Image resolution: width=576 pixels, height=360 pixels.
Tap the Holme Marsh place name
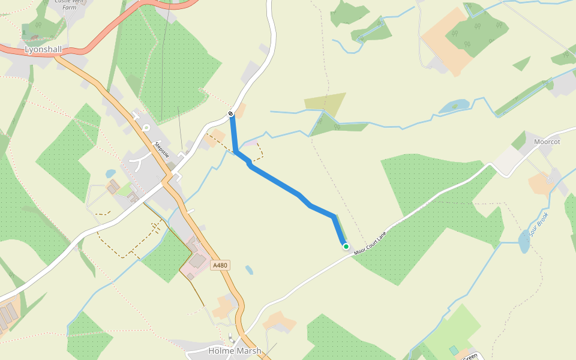pyautogui.click(x=235, y=350)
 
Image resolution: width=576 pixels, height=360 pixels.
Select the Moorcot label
pyautogui.click(x=547, y=142)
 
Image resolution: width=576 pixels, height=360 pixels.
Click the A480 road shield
pyautogui.click(x=221, y=265)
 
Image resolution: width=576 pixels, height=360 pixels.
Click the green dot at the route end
pyautogui.click(x=346, y=246)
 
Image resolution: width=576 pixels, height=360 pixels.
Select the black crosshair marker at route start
pyautogui.click(x=231, y=114)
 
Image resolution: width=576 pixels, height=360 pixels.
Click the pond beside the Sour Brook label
pyautogui.click(x=524, y=243)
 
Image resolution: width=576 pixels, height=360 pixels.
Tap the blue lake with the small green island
pyautogui.click(x=454, y=107)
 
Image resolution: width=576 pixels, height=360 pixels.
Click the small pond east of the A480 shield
pyautogui.click(x=249, y=270)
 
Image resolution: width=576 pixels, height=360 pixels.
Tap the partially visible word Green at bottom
pyautogui.click(x=470, y=356)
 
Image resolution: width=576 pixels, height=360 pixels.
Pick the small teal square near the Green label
pyautogui.click(x=454, y=350)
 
